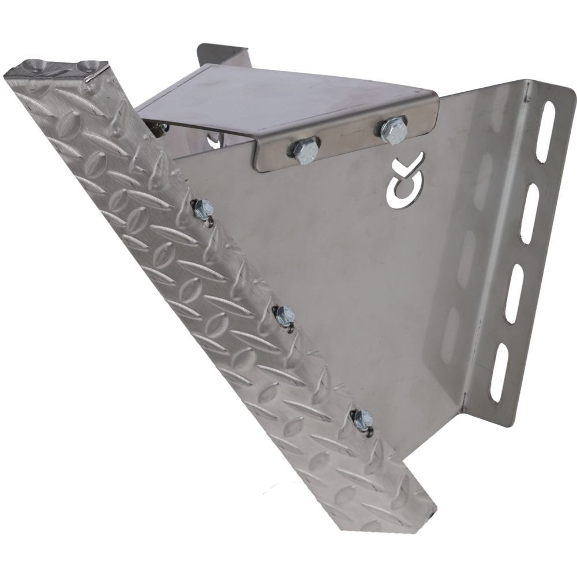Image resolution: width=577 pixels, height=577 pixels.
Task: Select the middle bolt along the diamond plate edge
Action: click(284, 314)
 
